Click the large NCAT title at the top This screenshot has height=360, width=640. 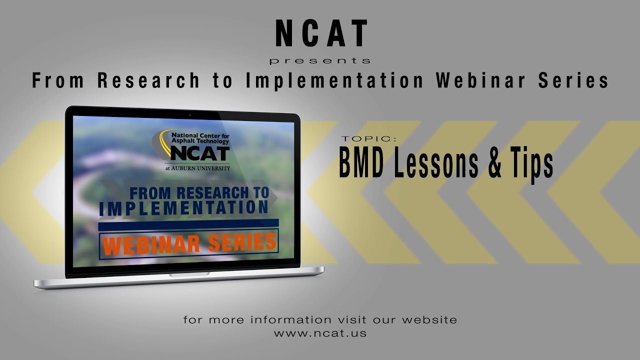[x=321, y=34]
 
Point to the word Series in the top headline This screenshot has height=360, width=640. [x=573, y=80]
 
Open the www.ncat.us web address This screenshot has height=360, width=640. [x=320, y=333]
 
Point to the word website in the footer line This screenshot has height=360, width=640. [x=429, y=319]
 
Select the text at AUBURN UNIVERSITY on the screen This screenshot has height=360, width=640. [x=197, y=168]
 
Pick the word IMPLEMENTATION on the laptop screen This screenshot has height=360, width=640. [x=183, y=208]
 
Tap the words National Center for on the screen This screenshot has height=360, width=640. [x=199, y=135]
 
